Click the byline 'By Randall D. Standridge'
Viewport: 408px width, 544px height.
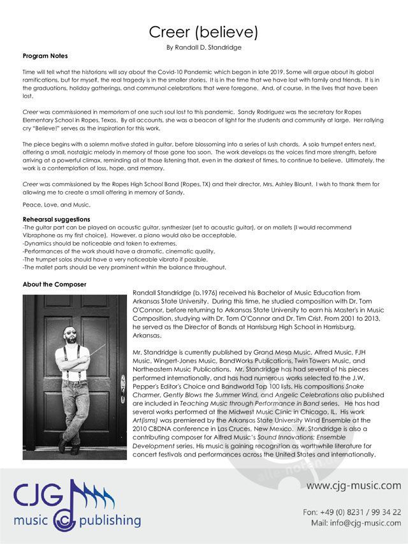point(203,47)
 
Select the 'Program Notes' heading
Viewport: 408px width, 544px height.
point(45,56)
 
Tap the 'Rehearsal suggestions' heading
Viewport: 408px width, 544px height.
point(56,219)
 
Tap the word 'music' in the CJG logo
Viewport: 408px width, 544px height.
point(37,520)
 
